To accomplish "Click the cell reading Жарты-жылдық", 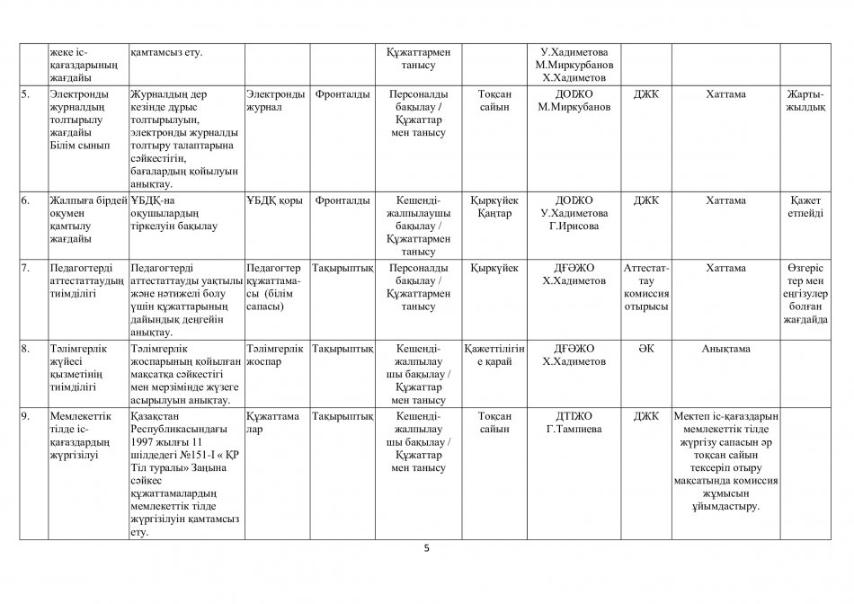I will [805, 100].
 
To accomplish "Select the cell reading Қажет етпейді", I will [805, 207].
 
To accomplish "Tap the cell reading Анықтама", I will [726, 348].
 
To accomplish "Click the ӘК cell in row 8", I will [645, 348].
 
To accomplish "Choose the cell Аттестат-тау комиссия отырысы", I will [645, 288].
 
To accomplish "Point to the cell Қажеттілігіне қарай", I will [495, 354].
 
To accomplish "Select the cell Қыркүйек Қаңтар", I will [495, 207].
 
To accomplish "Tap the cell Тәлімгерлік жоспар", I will [275, 354].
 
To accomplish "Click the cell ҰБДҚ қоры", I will [275, 200].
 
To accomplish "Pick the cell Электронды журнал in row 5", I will [275, 100].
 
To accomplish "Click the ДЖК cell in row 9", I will [645, 416].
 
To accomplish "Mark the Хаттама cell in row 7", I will [726, 268].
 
